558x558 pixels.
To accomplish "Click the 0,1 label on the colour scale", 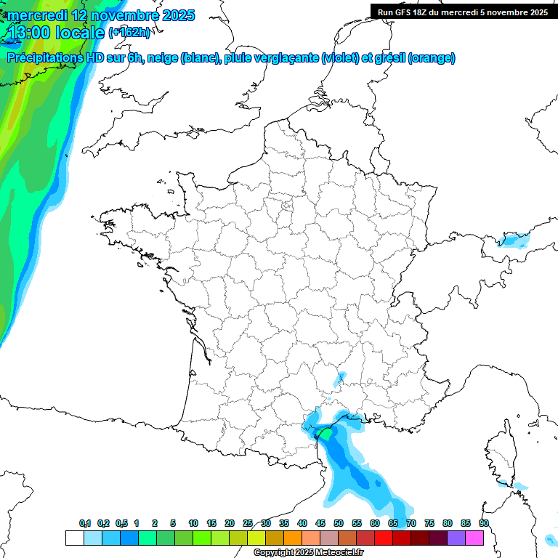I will point(85,523).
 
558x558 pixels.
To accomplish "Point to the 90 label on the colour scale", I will point(483,523).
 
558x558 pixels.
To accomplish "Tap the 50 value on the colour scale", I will point(339,523).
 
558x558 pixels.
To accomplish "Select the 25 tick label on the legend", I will point(248,523).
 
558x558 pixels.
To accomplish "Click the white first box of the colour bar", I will point(74,538).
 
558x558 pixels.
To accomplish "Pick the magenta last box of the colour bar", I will point(474,538).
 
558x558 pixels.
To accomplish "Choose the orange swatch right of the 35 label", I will point(293,538).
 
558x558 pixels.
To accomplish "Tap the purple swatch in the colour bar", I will point(456,538).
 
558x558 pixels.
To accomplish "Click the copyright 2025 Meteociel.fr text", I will point(308,552).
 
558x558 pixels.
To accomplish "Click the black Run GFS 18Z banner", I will point(463,12).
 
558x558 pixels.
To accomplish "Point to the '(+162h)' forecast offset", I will point(129,32).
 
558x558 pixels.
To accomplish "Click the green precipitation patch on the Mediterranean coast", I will point(328,434).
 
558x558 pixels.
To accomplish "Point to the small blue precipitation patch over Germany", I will point(513,240).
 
